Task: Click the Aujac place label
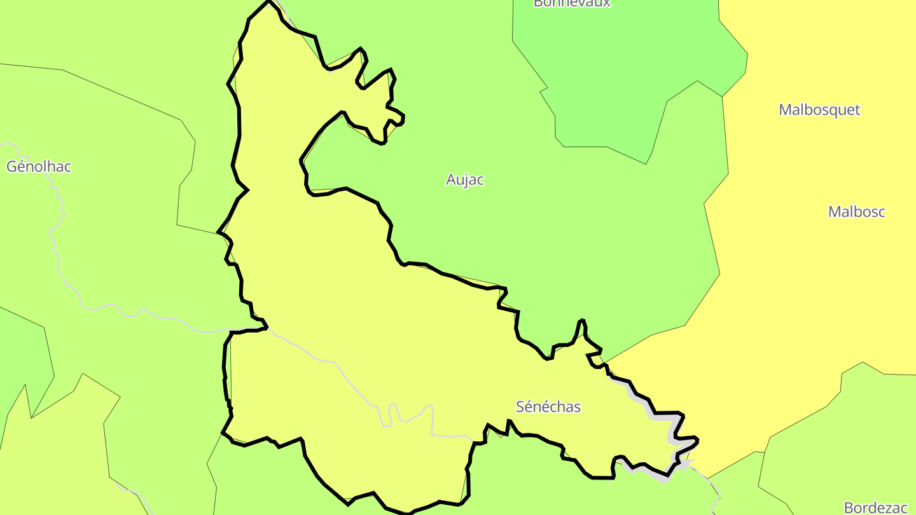465,180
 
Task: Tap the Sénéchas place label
548,407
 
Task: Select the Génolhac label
39,167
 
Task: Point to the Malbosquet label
819,109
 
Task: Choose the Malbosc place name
856,212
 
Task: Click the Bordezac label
875,507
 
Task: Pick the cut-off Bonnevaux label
572,3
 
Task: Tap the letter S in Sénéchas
520,407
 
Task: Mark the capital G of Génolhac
11,167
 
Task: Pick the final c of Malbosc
881,212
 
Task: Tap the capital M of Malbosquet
786,109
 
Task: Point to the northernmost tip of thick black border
269,1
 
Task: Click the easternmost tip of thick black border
698,439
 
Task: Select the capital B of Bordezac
848,507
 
